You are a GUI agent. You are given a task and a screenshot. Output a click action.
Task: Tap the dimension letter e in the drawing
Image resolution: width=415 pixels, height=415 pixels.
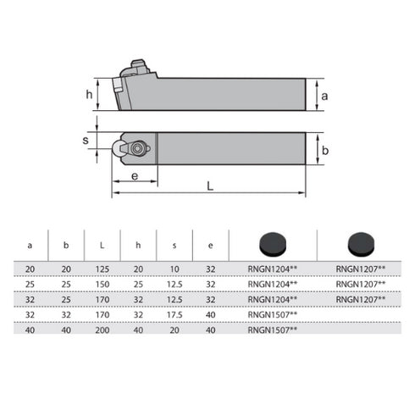(x=135, y=175)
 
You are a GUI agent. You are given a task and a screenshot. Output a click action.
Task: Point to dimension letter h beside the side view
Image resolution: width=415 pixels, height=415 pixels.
(x=90, y=94)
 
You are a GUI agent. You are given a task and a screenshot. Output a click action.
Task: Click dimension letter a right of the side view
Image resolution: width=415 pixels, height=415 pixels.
(x=324, y=96)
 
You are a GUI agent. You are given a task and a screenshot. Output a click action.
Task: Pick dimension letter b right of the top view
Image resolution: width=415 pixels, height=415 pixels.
(x=324, y=149)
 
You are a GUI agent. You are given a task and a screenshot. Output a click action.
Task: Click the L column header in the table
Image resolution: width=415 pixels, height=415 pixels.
(x=102, y=245)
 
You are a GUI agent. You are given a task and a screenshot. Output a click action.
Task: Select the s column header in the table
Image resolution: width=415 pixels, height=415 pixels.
(x=174, y=245)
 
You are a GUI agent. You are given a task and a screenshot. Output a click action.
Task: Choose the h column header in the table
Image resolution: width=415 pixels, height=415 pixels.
(x=138, y=245)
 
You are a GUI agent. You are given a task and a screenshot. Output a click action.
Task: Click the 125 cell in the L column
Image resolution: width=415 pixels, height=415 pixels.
(x=102, y=268)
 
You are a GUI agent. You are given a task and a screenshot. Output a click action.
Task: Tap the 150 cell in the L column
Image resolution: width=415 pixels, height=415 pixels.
(x=102, y=283)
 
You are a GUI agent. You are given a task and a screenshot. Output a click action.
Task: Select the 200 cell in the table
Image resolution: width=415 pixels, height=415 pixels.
(x=102, y=329)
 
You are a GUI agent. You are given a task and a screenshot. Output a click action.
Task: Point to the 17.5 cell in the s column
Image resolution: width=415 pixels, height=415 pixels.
(x=174, y=313)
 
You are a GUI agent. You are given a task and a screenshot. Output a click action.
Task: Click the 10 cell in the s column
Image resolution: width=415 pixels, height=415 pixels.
(x=174, y=268)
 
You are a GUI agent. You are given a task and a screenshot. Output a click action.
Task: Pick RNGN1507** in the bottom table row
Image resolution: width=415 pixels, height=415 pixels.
(x=274, y=329)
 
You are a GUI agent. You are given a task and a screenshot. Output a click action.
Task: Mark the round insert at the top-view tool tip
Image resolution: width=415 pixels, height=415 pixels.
(x=118, y=149)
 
